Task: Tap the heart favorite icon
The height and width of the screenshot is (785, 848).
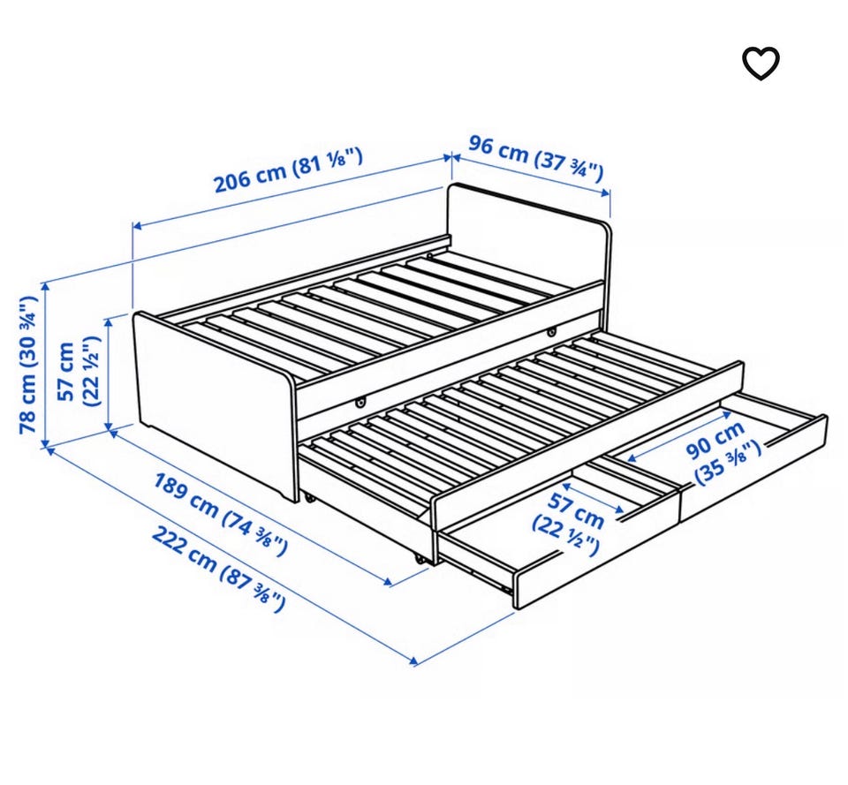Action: point(760,64)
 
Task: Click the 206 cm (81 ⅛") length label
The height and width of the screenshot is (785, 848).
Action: point(288,169)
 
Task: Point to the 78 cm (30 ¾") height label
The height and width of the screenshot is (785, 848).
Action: point(28,365)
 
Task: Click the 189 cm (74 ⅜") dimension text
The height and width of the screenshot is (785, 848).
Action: point(221,514)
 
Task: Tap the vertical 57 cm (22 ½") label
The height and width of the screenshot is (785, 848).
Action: point(78,372)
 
